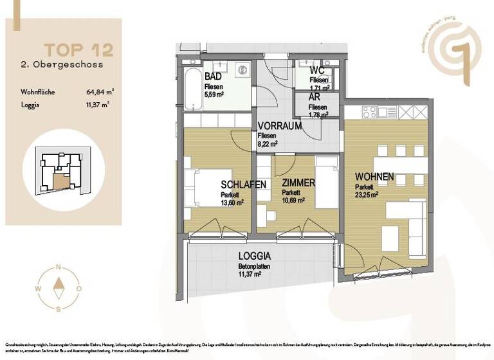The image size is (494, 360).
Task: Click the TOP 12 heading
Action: (78, 49)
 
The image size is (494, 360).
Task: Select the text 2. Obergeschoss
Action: (62, 65)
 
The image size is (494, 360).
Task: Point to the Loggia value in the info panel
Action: (97, 104)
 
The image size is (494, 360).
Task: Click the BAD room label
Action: (213, 76)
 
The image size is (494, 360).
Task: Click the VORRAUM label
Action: (279, 127)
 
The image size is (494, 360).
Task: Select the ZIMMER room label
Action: (298, 183)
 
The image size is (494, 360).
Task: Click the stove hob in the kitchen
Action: (369, 113)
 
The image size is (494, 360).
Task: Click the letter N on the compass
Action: (59, 267)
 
